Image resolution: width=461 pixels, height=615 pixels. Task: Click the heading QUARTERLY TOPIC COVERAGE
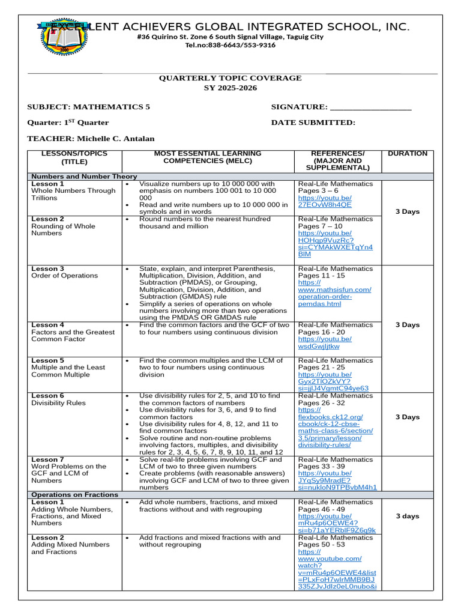tap(230, 78)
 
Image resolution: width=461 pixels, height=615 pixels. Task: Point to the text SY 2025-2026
tap(230, 88)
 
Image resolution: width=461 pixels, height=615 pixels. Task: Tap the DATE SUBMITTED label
tap(313, 123)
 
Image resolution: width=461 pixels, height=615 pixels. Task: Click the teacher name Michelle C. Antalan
tap(116, 139)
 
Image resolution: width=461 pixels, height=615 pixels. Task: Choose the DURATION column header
tap(408, 154)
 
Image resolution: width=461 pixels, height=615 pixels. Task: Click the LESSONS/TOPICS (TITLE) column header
tap(74, 157)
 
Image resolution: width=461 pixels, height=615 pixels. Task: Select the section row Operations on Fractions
tap(74, 495)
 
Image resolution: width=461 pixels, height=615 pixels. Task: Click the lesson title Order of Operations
tap(64, 276)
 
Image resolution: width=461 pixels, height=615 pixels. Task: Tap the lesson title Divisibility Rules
tap(58, 403)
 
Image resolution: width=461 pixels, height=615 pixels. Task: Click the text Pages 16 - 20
tap(321, 332)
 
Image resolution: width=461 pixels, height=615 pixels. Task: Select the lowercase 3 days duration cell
tap(408, 516)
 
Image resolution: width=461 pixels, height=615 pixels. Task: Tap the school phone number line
tap(230, 45)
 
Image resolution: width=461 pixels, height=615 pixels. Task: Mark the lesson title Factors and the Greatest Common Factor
tap(73, 336)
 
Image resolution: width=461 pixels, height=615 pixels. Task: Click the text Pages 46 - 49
tap(321, 509)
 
